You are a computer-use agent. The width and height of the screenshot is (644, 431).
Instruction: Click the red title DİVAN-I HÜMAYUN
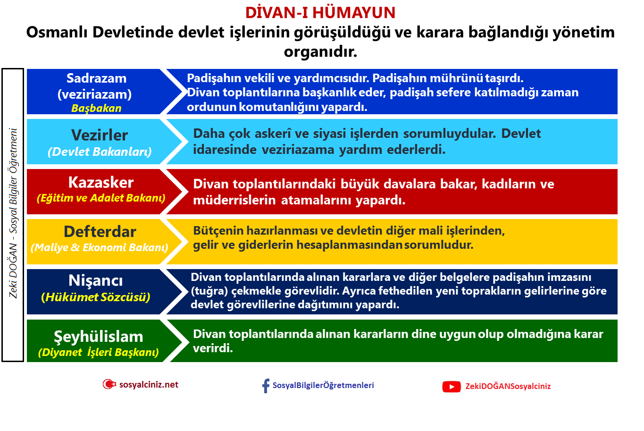pos(320,12)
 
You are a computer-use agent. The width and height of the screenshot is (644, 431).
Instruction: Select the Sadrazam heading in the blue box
pos(96,78)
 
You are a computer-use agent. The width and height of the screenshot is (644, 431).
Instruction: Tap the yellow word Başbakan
pos(96,108)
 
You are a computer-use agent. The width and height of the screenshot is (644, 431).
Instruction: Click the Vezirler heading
pos(100,135)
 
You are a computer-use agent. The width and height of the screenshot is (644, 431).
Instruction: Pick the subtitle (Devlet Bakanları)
pos(100,152)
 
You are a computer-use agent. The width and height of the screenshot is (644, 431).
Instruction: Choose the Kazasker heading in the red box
pos(100,182)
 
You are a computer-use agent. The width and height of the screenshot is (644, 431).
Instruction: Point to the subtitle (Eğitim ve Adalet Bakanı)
pos(101,198)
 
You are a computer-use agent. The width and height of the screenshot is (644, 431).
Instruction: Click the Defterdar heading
pos(100,232)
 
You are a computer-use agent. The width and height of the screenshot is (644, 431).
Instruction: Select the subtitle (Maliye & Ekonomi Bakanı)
pos(100,247)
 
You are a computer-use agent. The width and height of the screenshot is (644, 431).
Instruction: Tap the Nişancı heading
pos(96,280)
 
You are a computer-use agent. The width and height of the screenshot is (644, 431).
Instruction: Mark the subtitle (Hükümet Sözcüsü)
pos(96,297)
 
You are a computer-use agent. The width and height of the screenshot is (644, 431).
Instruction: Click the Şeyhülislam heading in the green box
pos(98,337)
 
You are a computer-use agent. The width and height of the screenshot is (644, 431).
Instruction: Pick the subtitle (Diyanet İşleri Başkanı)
pos(99,352)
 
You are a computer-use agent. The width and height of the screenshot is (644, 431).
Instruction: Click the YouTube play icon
pos(452,387)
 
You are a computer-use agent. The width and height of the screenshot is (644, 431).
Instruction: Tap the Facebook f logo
pos(266,386)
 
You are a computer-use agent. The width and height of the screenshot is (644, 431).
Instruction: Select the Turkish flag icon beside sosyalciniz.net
pos(109,384)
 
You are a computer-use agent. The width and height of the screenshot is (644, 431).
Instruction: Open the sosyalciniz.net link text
pos(149,385)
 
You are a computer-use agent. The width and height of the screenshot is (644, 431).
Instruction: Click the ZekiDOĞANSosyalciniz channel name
pos(508,386)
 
